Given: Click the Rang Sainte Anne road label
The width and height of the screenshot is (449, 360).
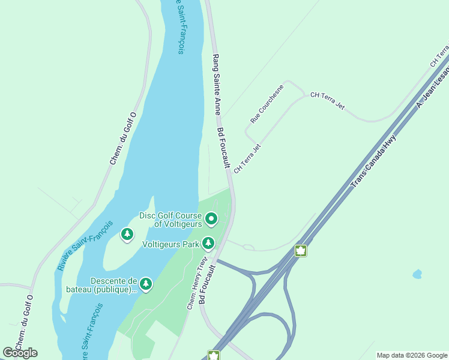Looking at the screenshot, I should [x=217, y=85].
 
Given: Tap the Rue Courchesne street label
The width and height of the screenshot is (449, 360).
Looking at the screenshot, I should [x=268, y=106].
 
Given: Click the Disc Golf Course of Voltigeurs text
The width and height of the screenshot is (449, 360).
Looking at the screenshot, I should [x=171, y=220].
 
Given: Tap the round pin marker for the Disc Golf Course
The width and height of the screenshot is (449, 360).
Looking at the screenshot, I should [x=211, y=220].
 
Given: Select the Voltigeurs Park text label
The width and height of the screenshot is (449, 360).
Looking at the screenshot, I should [x=170, y=244].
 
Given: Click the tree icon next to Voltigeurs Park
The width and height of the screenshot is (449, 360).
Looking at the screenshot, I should [x=208, y=243].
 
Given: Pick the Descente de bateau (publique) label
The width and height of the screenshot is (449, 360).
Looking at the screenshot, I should [x=113, y=286].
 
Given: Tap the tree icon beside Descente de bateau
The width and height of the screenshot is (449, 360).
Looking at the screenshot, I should [x=146, y=283].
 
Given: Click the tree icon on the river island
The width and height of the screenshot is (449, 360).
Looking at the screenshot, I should [x=127, y=234].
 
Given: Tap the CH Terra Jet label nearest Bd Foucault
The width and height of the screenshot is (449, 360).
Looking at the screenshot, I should [x=247, y=159].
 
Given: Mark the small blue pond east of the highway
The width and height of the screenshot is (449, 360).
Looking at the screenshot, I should [x=417, y=274].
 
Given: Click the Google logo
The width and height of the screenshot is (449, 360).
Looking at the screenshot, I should [x=20, y=353].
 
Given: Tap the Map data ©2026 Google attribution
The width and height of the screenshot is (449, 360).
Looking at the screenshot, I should [x=412, y=355].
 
